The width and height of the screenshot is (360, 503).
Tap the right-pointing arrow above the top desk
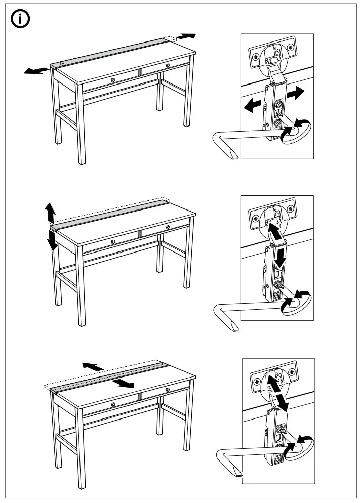(x=186, y=36)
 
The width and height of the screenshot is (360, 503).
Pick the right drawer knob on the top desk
(x=168, y=65)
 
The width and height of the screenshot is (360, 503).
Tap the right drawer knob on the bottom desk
(x=168, y=389)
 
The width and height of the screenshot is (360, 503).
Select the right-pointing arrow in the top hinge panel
(x=296, y=93)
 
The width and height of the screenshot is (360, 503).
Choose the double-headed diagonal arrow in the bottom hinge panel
(x=277, y=392)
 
